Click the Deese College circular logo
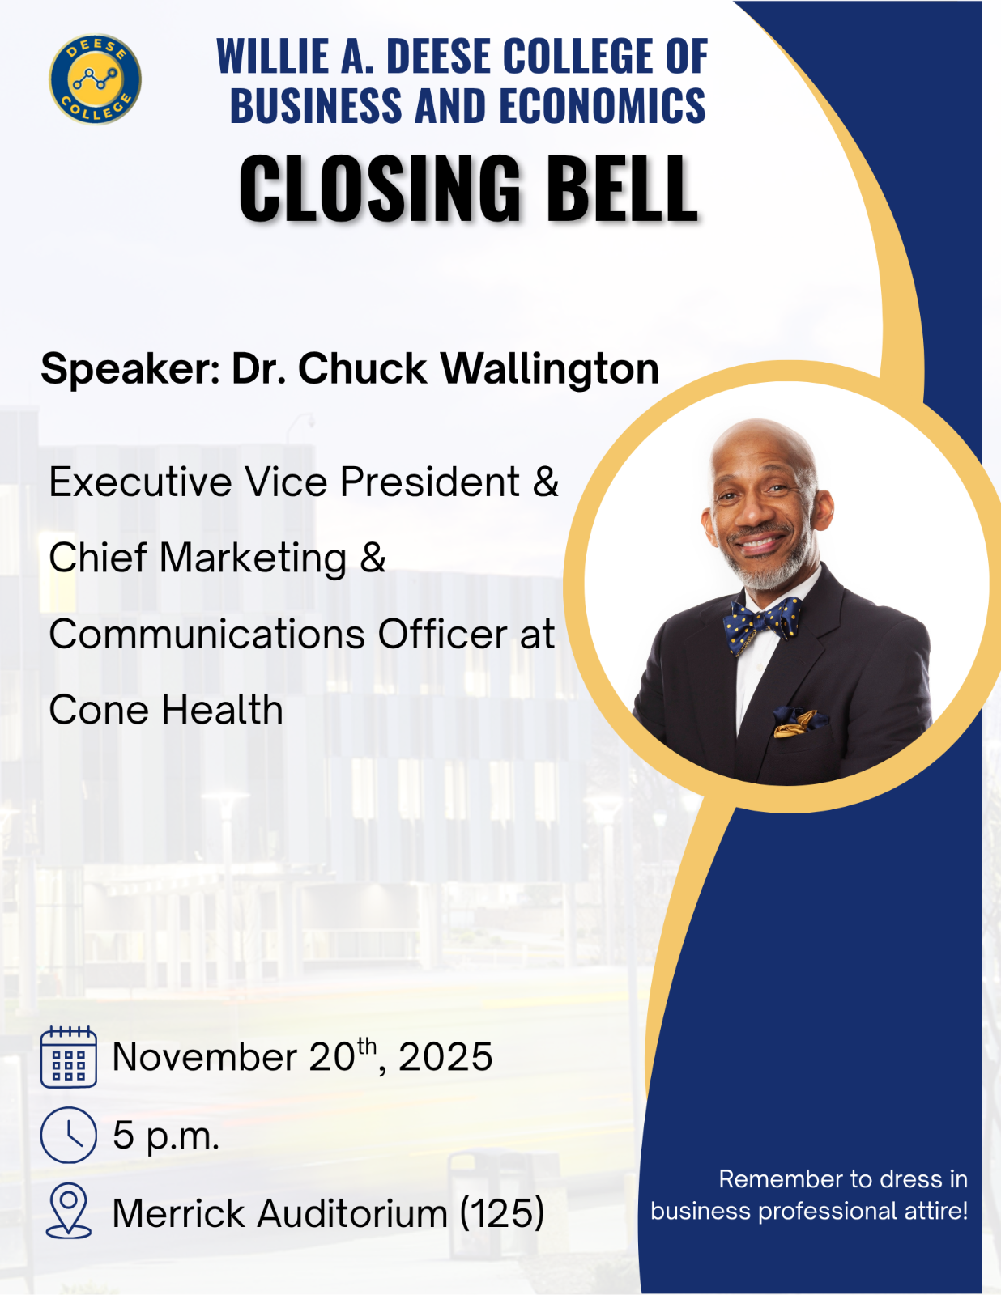(95, 79)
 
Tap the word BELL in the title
(621, 189)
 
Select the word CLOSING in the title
(380, 189)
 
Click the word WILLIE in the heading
(262, 57)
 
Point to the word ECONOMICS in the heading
(602, 107)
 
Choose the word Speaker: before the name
(130, 370)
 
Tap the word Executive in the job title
(142, 482)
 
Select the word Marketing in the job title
(253, 558)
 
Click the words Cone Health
(166, 710)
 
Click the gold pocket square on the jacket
(797, 721)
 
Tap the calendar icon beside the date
(69, 1056)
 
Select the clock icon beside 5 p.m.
(69, 1135)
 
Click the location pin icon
(69, 1211)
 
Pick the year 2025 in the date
(445, 1057)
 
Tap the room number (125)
(502, 1213)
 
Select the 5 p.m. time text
(166, 1136)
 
